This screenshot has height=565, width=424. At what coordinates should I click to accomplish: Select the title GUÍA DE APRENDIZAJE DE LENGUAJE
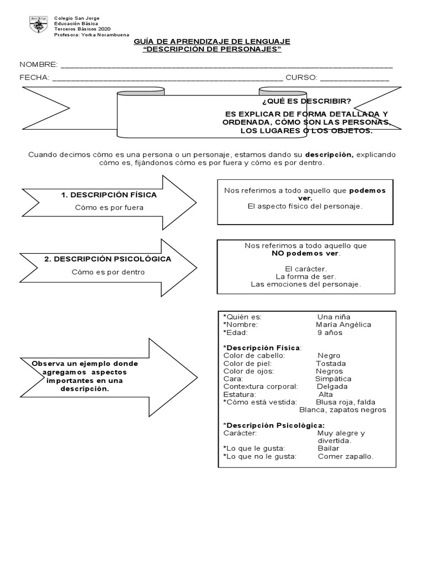[212, 42]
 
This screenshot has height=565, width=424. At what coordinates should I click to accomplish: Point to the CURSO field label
[301, 78]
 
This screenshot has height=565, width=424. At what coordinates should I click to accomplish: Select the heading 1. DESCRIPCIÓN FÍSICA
[109, 195]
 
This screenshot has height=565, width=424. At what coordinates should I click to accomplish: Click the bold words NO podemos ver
[305, 253]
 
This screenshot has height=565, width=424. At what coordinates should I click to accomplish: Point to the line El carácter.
[305, 269]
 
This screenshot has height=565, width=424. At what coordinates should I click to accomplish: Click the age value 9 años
[330, 333]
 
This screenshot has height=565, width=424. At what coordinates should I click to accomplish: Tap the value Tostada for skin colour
[331, 364]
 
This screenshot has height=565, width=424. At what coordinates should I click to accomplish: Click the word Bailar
[328, 449]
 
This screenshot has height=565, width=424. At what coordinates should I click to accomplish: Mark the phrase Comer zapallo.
[346, 456]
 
